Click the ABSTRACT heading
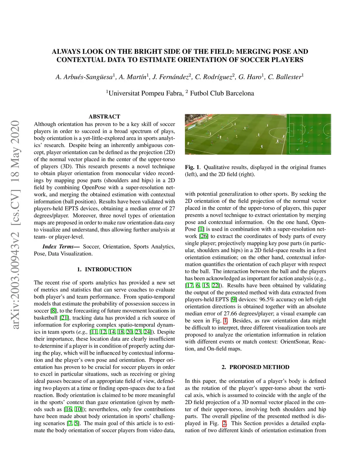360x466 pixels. click(x=104, y=116)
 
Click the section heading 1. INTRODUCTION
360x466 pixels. click(x=104, y=269)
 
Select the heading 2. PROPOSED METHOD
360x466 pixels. click(x=256, y=367)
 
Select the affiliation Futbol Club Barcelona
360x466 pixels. click(x=222, y=93)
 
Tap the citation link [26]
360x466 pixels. click(x=204, y=236)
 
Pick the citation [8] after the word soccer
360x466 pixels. click(x=53, y=311)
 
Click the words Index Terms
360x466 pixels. click(x=58, y=247)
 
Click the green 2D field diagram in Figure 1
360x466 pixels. click(x=309, y=134)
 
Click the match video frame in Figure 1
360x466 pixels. click(x=236, y=134)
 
